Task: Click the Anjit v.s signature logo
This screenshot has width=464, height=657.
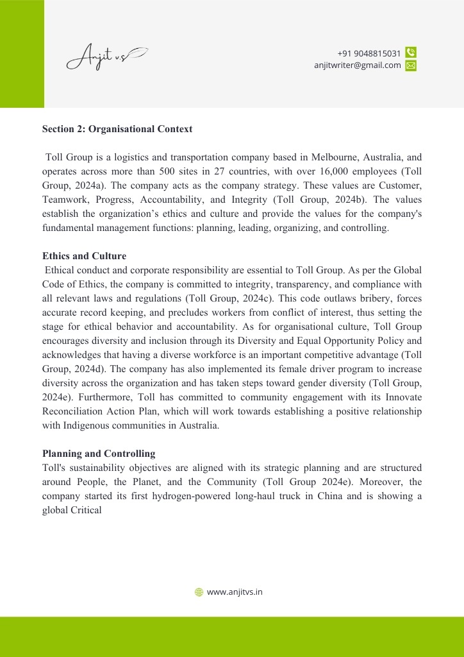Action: coord(106,57)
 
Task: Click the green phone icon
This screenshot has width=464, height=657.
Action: coord(411,53)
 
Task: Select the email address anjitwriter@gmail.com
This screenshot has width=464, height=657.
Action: coord(357,65)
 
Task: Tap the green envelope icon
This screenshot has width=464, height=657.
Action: coord(411,65)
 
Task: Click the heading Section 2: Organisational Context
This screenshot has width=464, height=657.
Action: coord(117,129)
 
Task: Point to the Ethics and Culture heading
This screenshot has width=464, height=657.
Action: coord(84,256)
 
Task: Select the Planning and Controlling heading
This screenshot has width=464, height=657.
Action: coord(99,454)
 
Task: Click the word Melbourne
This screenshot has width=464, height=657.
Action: coord(333,157)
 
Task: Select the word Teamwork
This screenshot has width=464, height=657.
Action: coord(64,200)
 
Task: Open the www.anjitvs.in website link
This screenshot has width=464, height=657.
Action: coord(235,592)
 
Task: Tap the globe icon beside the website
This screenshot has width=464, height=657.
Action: coord(199,592)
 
